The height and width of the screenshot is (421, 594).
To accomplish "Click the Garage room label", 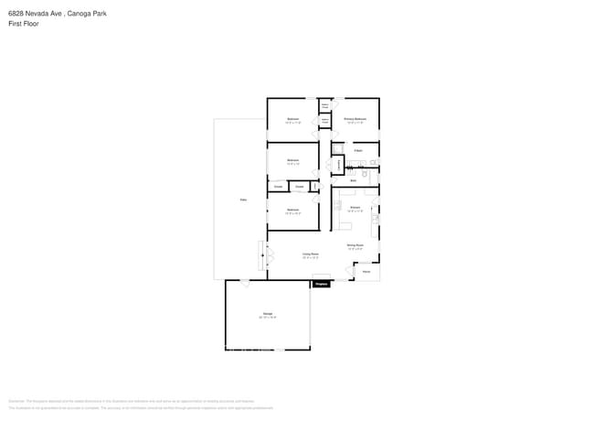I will click(268, 314).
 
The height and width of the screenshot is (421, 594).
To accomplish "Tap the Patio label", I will click(243, 200).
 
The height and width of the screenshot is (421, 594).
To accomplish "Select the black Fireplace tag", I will click(321, 285).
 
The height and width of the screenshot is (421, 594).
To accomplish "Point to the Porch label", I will click(366, 272).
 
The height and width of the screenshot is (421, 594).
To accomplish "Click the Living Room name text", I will click(311, 254).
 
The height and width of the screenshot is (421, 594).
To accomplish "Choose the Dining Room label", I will click(355, 244).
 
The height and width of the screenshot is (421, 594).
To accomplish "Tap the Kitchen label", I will click(355, 208).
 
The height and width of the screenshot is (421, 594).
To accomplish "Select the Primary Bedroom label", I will click(355, 119).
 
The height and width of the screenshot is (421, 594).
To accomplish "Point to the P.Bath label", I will click(358, 150).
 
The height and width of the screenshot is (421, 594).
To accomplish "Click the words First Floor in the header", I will click(24, 24).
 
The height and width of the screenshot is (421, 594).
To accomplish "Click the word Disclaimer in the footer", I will click(16, 401).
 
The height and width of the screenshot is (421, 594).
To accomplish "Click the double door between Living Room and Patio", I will click(264, 257).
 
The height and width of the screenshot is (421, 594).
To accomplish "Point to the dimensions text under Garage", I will click(268, 318).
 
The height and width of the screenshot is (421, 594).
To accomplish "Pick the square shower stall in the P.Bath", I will click(337, 149).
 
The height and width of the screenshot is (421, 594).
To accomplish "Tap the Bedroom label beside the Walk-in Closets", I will click(292, 119).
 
